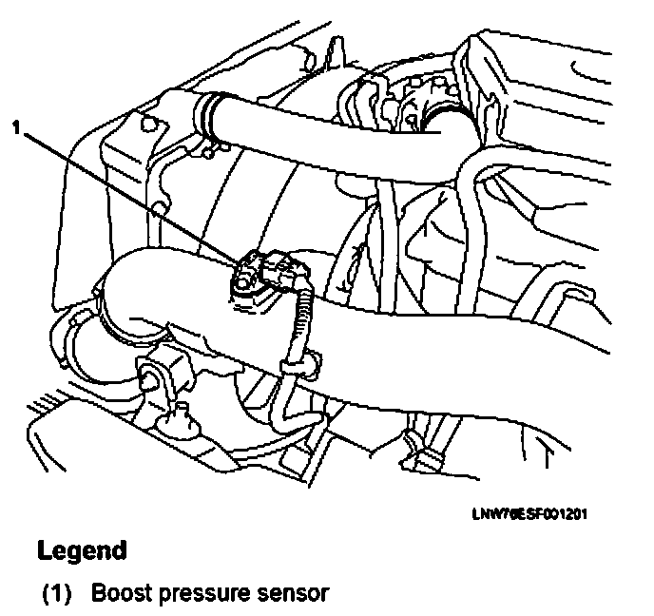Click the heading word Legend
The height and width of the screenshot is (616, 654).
[81, 551]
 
